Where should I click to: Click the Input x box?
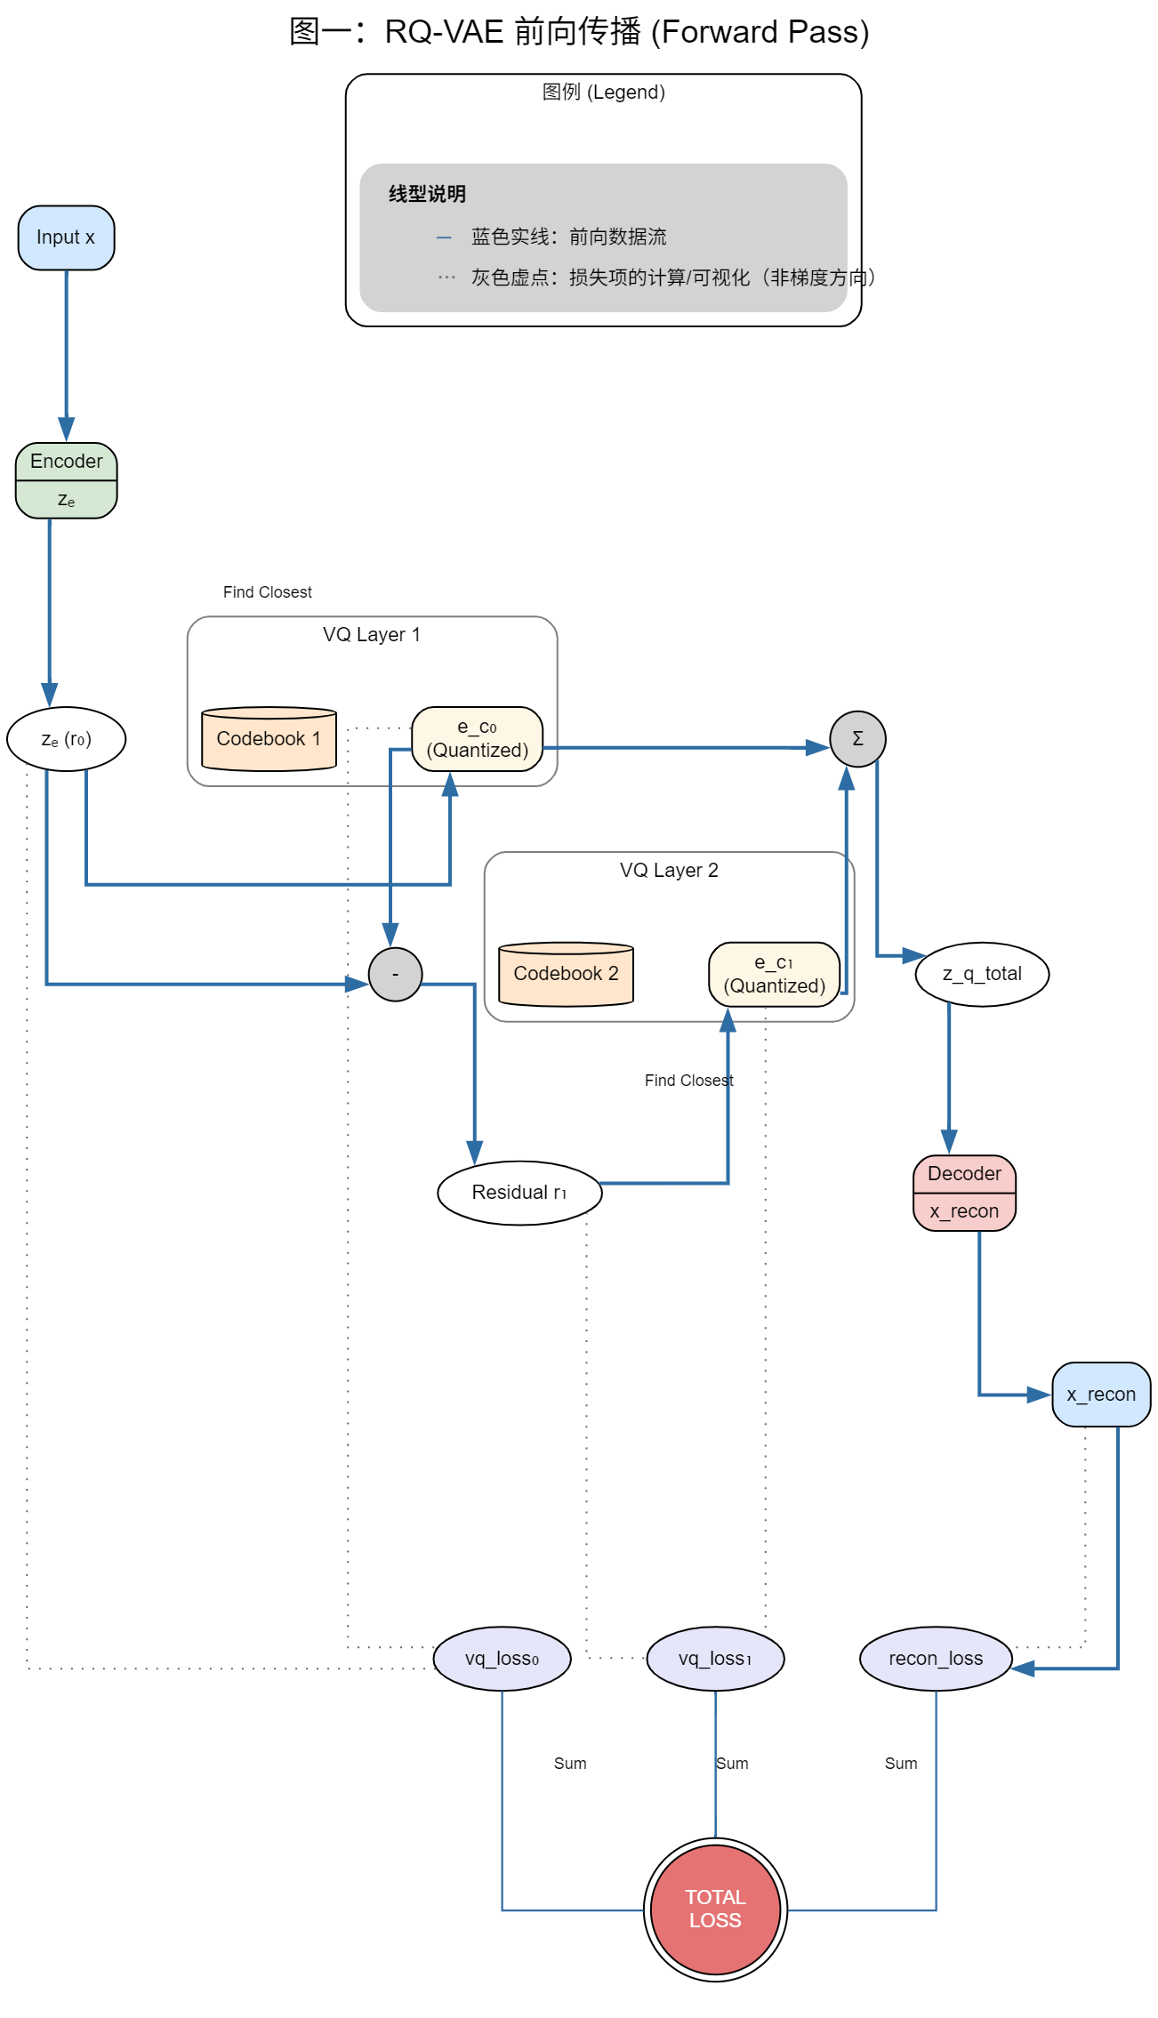click(66, 237)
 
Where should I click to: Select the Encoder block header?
click(66, 462)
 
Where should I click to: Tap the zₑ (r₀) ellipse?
click(66, 739)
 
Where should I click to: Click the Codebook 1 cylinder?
click(269, 739)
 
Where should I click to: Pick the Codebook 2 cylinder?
click(566, 974)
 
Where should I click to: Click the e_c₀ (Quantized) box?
click(478, 739)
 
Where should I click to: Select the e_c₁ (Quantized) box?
click(774, 975)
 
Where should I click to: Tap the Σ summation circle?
click(857, 739)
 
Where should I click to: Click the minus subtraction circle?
click(395, 975)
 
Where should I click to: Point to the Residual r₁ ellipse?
click(519, 1193)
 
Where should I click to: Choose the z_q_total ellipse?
click(982, 974)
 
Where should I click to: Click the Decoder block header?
click(964, 1174)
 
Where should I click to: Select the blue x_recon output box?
click(1101, 1395)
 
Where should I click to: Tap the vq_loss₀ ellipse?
click(502, 1659)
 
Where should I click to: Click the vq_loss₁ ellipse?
click(715, 1659)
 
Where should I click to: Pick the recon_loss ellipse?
click(936, 1659)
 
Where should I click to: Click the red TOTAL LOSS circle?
click(715, 1909)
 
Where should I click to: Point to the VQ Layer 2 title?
click(669, 871)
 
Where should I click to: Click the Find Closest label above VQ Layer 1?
click(267, 592)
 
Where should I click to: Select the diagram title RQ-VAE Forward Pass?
click(579, 32)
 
